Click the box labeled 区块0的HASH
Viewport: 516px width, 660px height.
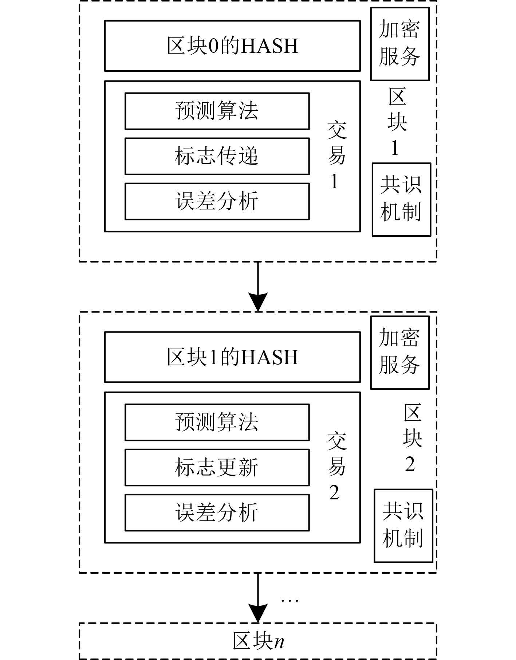232,46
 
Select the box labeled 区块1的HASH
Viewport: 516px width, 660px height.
232,357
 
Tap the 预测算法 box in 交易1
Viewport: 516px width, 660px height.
217,111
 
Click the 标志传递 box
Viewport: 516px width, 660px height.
217,156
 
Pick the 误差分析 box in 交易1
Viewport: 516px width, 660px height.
217,201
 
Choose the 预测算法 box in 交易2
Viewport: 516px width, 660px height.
217,422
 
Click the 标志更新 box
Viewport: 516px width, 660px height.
217,467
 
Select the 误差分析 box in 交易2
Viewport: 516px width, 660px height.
217,512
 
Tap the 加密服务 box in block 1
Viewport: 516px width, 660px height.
400,44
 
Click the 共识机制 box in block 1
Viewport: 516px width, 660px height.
401,200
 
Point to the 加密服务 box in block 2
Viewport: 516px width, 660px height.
400,352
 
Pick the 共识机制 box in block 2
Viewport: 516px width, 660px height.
403,526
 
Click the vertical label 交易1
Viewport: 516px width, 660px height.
336,156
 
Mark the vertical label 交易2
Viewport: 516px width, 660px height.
336,467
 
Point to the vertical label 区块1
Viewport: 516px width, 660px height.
397,122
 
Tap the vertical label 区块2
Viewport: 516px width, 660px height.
412,438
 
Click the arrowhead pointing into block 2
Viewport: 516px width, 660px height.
258,302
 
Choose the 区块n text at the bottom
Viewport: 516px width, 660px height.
258,641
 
